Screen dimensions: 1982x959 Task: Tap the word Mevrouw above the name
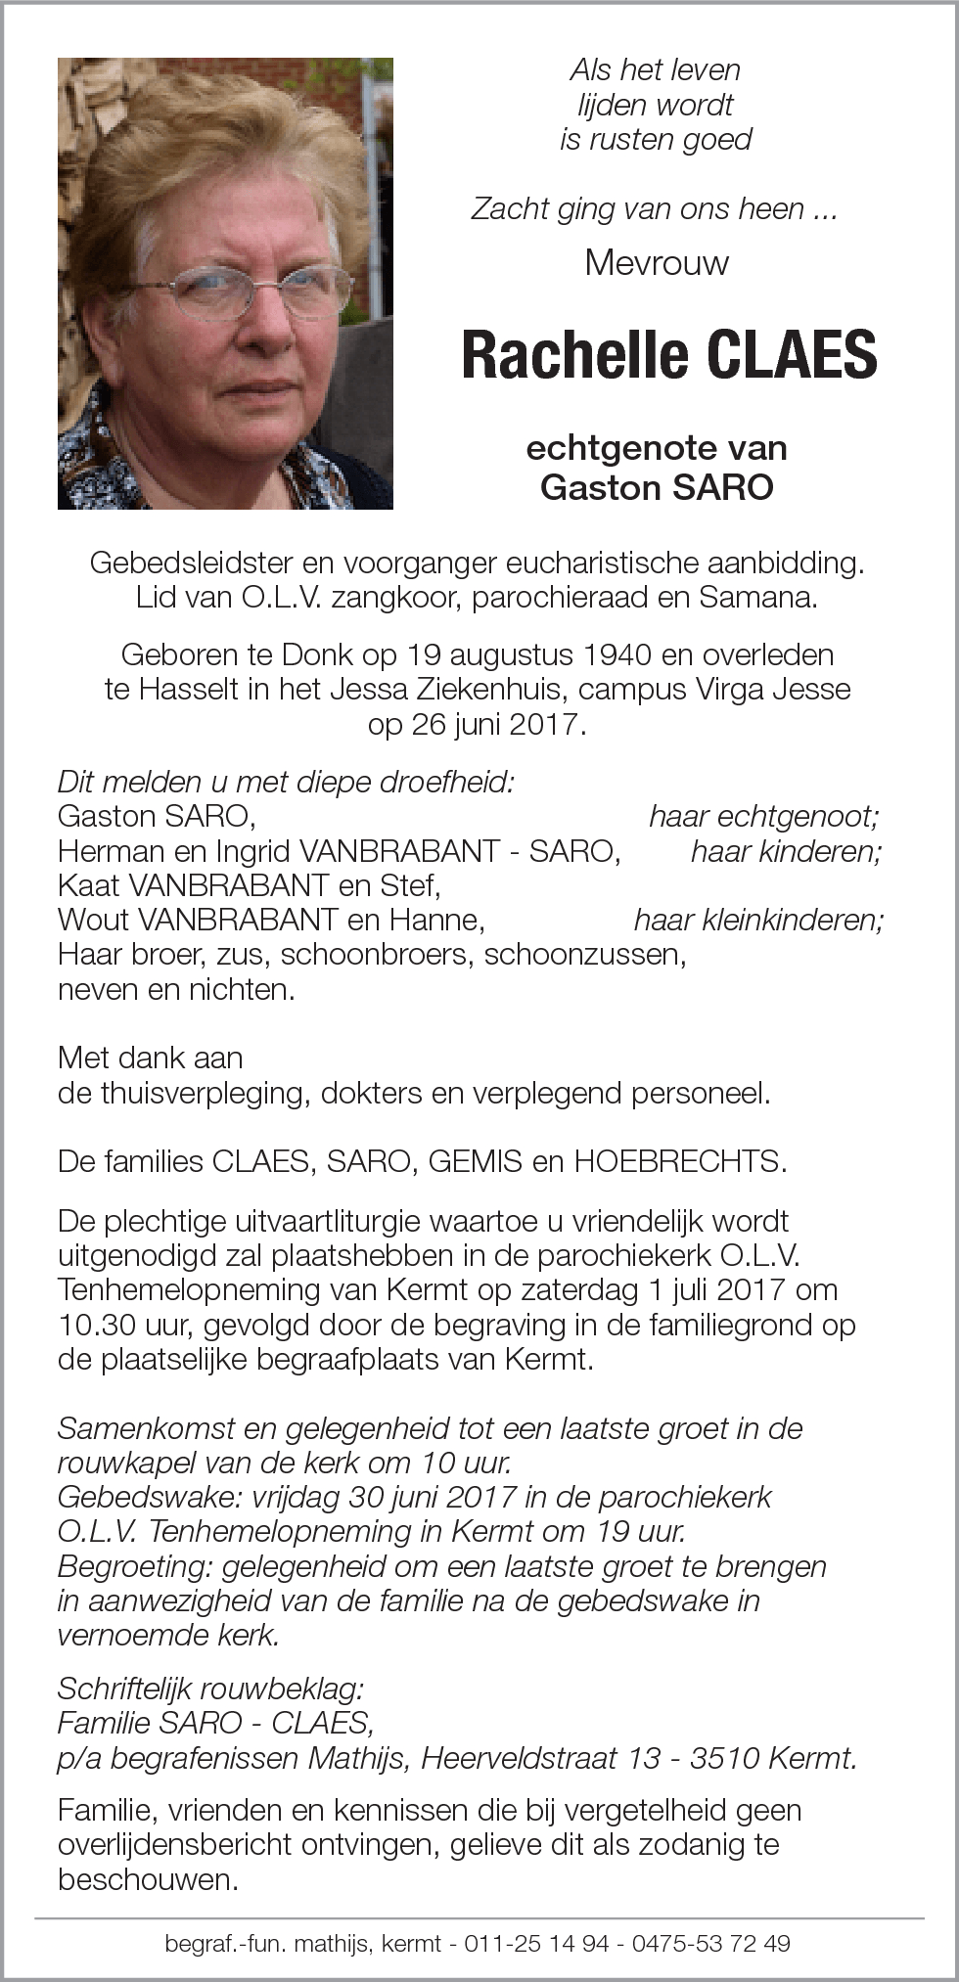pos(657,262)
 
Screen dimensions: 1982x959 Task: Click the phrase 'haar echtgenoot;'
pos(764,816)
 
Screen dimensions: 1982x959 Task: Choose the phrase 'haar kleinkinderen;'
pos(758,920)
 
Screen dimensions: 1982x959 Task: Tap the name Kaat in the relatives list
pos(89,885)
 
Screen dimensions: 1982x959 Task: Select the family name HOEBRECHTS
pos(680,1161)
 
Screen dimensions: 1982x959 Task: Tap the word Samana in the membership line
pos(756,598)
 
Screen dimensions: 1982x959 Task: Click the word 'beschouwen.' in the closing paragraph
pos(148,1880)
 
